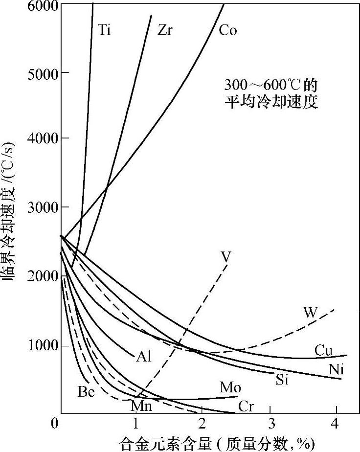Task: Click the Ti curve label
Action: [x=104, y=30]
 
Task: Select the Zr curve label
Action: [x=165, y=30]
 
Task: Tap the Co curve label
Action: [x=228, y=30]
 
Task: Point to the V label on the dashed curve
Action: [x=226, y=256]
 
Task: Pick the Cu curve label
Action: [x=323, y=351]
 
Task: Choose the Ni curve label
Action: [x=335, y=370]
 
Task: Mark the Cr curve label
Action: [x=246, y=407]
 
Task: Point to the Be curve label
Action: [x=87, y=391]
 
